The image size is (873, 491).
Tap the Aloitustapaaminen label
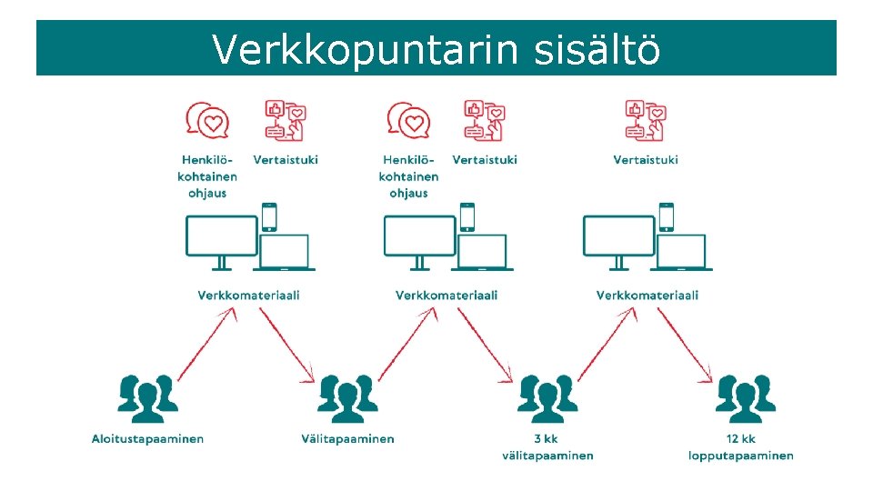point(147,439)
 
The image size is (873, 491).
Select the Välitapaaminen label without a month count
point(347,439)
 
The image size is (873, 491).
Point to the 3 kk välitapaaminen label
point(547,447)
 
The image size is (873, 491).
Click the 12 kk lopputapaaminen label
point(740,447)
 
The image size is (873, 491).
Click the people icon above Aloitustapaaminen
point(147,397)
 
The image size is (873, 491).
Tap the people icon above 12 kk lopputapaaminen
point(746,397)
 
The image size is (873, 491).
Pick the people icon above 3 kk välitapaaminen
point(547,397)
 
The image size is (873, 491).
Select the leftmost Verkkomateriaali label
point(248,296)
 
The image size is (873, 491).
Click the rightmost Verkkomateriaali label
point(647,296)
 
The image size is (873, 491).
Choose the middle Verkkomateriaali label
point(447,296)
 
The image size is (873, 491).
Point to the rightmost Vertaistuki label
point(646,160)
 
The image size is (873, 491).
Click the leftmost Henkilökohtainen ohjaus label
point(207,176)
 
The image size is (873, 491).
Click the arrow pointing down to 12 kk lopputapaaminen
point(685,344)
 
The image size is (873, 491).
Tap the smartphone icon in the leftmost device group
point(268,217)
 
